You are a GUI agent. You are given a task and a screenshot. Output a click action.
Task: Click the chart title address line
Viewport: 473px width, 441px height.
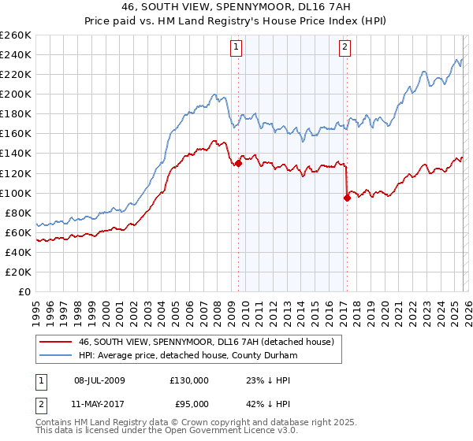click(236, 6)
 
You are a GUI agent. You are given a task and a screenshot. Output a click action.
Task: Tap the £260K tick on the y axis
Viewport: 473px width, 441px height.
click(16, 35)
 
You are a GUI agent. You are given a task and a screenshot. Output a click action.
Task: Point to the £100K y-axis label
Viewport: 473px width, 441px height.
click(16, 193)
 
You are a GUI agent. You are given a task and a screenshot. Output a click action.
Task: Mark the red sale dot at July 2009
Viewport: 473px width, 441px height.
click(238, 163)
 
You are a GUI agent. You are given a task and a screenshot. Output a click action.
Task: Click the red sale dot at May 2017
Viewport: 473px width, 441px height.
click(346, 198)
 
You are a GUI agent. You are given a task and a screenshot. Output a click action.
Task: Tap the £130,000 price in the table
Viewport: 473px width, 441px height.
click(189, 380)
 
